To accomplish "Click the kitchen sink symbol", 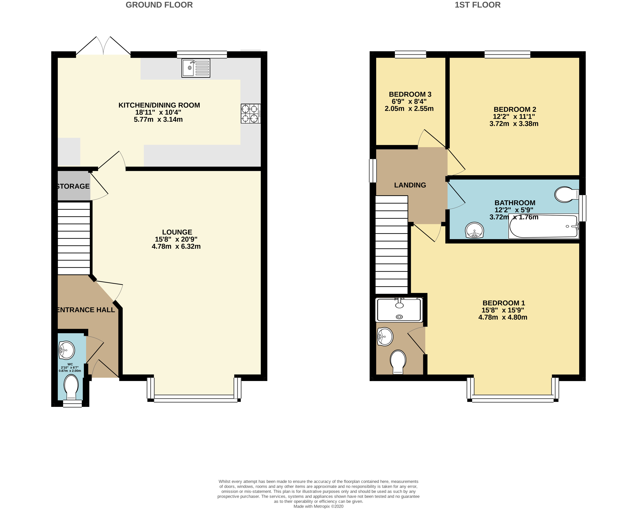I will point(196,68).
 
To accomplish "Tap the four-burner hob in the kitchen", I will point(250,113).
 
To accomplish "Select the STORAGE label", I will point(73,186).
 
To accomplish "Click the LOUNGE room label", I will point(177,232).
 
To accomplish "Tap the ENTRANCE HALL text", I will point(86,310).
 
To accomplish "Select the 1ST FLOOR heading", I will point(478,5).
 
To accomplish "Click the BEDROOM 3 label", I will point(410,94).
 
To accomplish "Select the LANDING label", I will point(410,185).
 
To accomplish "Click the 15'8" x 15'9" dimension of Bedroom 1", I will point(503,310).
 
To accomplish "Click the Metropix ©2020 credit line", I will point(318,506).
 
